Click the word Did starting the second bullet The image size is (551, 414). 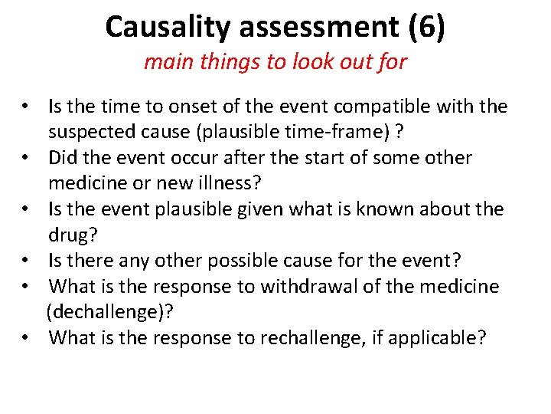tap(63, 158)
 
